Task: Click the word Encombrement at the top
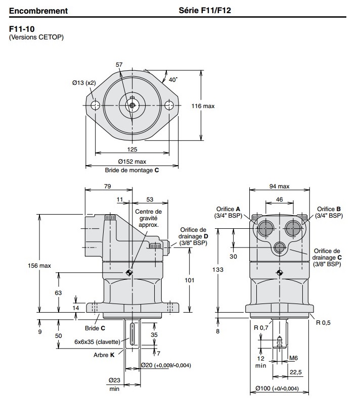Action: click(x=38, y=10)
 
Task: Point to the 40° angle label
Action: click(x=173, y=80)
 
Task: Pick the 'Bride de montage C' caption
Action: click(x=131, y=170)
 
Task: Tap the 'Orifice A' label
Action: click(x=228, y=212)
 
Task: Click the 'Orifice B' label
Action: click(x=329, y=212)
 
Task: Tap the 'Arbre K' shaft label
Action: click(x=104, y=355)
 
